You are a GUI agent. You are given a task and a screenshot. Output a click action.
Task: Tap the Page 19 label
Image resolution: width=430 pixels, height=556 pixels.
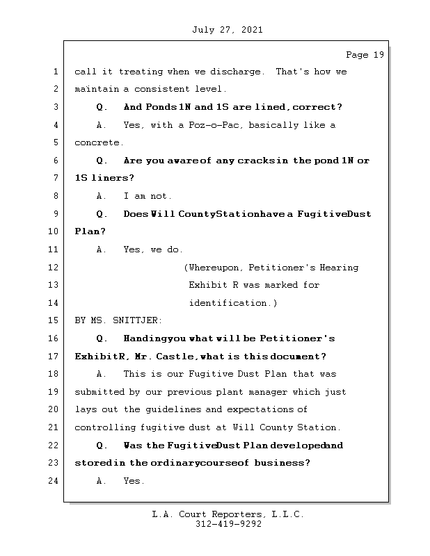tap(365, 54)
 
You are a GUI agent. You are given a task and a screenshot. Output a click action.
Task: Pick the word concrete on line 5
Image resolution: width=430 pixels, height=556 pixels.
tap(98, 143)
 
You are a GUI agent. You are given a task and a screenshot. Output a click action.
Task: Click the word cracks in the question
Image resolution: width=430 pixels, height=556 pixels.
tap(254, 161)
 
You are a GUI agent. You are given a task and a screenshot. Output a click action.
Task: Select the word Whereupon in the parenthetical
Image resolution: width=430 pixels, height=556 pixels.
tap(214, 268)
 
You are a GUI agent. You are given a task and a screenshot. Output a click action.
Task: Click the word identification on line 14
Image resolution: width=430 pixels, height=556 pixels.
tap(229, 303)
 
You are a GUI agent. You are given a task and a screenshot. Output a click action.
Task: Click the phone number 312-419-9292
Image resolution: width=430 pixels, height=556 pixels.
tap(228, 525)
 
